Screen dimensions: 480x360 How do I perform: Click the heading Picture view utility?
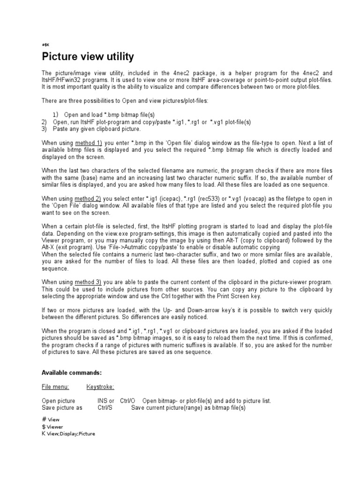click(x=88, y=57)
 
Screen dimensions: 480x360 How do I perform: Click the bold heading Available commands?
click(x=71, y=373)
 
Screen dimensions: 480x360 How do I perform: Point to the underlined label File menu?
click(x=55, y=387)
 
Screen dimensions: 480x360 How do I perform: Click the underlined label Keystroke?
click(x=100, y=387)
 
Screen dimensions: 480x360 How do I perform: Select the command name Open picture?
click(x=58, y=401)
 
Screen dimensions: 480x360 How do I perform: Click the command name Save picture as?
click(x=62, y=408)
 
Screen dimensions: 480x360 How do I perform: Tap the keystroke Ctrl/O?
click(x=128, y=401)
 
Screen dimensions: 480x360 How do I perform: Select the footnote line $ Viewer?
click(x=52, y=427)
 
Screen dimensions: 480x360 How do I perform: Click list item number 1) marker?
click(x=56, y=115)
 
